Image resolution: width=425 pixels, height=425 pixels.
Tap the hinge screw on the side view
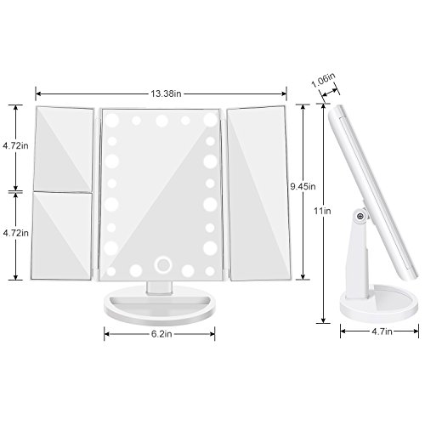click(361, 218)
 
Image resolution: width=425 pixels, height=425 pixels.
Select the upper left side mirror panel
click(64, 147)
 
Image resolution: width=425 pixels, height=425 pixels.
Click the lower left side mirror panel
click(64, 232)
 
